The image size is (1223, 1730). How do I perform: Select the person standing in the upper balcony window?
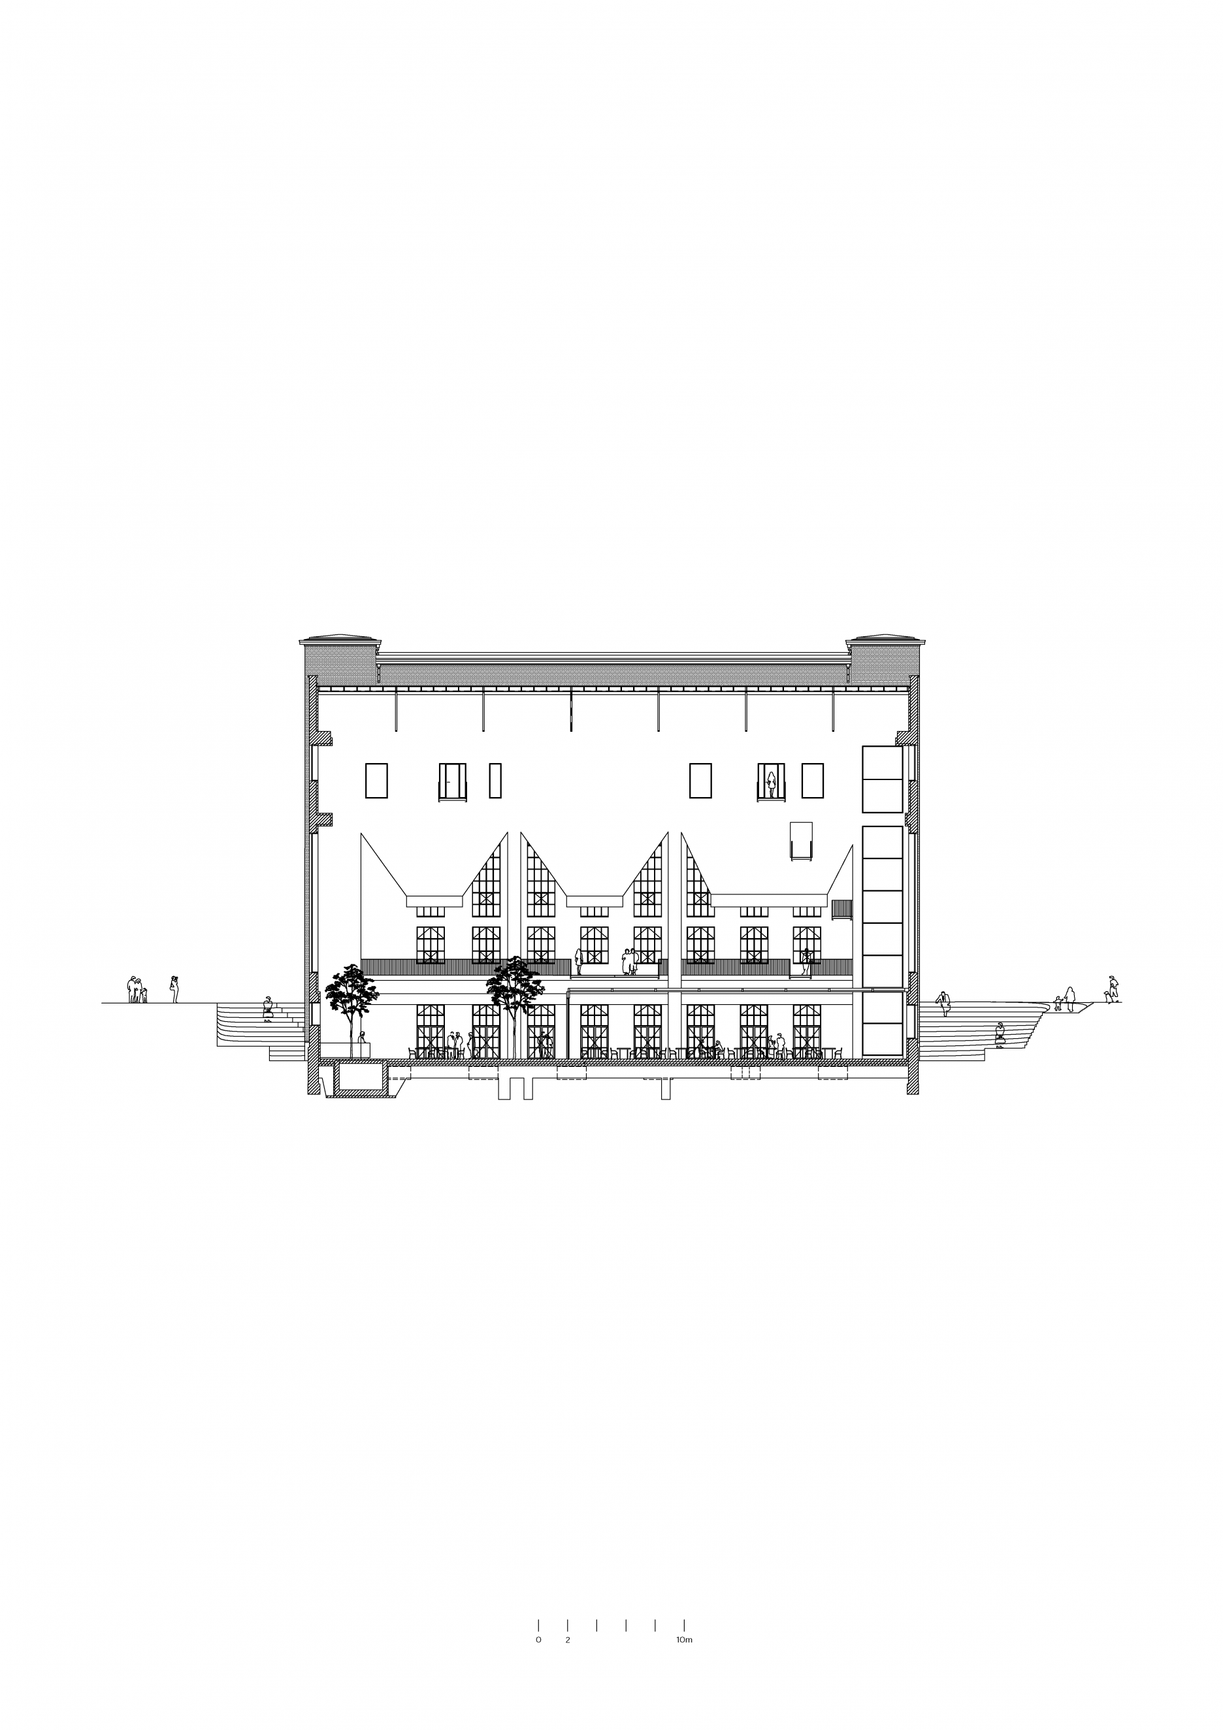pos(771,785)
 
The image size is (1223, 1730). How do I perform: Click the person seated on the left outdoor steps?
pos(267,1008)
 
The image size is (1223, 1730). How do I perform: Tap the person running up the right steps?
pos(943,1004)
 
